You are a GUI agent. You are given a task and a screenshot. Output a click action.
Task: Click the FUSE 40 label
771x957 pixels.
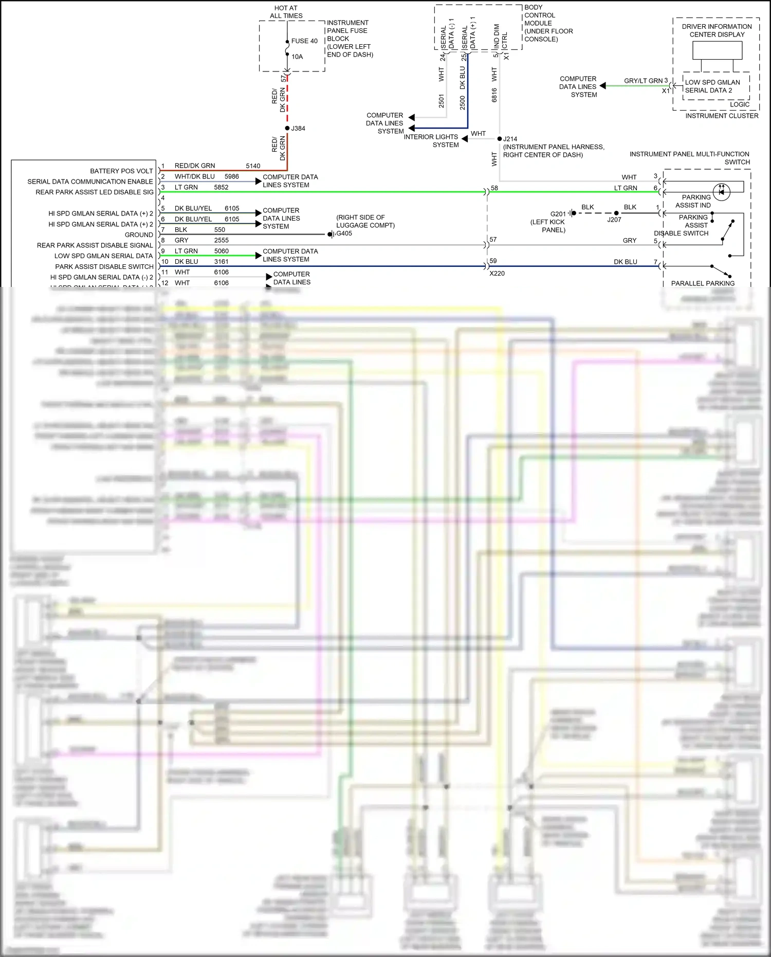point(304,41)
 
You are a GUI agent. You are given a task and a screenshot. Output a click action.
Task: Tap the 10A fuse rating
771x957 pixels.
point(297,57)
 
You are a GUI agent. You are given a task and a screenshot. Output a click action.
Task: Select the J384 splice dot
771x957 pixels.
point(287,128)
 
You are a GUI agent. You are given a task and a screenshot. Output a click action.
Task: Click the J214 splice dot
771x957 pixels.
point(500,139)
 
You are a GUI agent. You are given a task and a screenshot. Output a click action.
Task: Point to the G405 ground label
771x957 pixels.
point(344,233)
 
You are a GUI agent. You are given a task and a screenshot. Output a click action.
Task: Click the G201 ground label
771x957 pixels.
point(558,214)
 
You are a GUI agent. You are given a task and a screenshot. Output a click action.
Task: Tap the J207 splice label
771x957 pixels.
point(614,220)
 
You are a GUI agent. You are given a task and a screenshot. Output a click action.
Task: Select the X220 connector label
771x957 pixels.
point(497,274)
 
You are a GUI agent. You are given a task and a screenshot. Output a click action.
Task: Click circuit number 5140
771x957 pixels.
point(253,166)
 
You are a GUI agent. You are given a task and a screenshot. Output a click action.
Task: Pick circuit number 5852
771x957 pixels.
point(221,187)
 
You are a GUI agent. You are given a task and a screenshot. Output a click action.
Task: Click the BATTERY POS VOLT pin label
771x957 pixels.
point(121,171)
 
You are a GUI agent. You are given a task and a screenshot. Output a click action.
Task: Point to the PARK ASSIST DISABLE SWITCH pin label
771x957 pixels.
point(104,267)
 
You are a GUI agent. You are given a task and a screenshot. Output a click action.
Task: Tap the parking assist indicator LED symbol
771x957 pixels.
point(722,192)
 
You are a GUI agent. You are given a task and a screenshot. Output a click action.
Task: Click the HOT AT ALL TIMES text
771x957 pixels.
point(286,12)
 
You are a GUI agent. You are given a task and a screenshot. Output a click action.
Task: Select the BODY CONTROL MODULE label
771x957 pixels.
point(548,23)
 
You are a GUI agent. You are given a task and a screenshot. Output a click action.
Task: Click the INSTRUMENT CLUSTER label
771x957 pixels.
point(722,116)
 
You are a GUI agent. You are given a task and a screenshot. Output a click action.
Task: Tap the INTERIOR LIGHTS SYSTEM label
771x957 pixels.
point(431,141)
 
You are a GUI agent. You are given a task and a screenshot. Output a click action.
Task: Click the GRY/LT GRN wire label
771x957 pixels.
point(643,81)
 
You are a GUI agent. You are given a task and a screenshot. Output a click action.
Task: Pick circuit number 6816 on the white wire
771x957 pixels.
point(494,95)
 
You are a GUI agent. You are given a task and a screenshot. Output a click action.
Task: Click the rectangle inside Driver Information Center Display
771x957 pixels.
point(717,50)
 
